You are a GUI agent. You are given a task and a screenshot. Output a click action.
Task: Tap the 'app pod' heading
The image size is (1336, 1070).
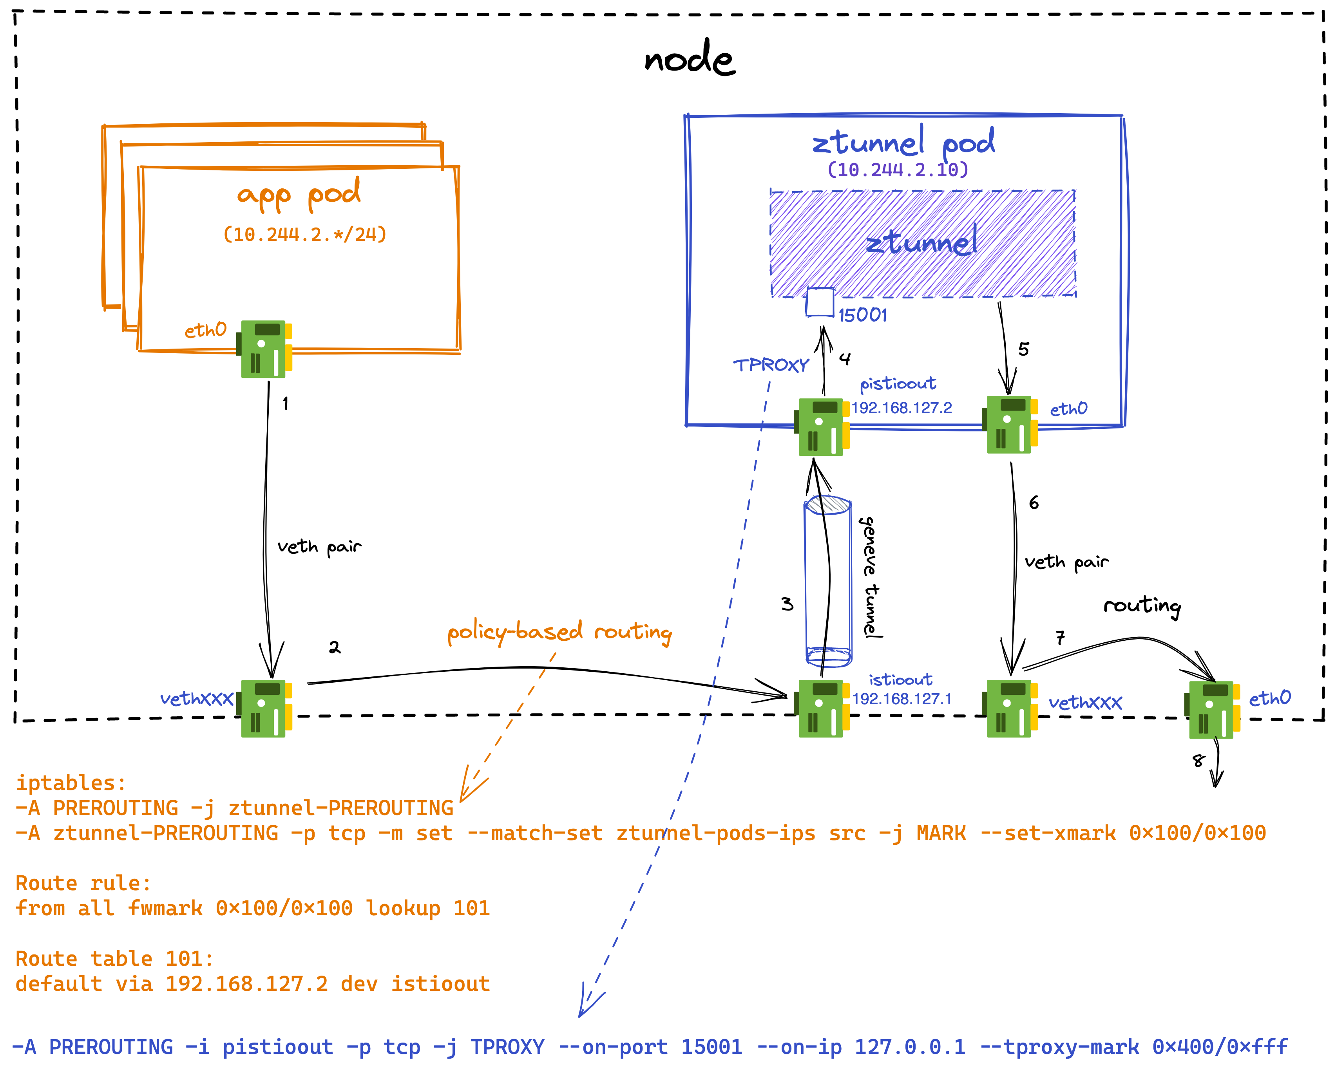tap(299, 193)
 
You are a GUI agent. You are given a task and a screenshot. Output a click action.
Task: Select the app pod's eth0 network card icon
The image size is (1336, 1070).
tap(264, 349)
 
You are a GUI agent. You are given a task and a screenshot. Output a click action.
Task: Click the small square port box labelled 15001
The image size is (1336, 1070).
tap(820, 302)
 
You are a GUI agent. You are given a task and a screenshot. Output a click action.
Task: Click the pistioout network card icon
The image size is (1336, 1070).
tap(822, 427)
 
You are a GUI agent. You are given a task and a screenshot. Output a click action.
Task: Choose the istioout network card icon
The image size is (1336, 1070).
tap(822, 708)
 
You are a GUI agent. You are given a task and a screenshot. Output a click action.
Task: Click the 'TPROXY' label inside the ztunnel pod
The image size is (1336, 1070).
tap(771, 365)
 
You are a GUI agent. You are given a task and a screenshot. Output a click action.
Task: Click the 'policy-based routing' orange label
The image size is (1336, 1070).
tap(559, 632)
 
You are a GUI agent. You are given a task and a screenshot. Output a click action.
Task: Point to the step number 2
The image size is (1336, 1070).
tap(335, 647)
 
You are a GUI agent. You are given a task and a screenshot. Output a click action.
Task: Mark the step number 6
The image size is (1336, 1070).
tap(1034, 502)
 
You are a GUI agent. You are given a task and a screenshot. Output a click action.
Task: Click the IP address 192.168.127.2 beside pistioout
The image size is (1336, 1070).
tap(902, 408)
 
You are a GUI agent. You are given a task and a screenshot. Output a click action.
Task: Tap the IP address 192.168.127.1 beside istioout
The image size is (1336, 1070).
tap(902, 699)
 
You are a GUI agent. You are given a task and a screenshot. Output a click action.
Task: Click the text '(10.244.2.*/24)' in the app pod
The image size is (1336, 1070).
tap(305, 234)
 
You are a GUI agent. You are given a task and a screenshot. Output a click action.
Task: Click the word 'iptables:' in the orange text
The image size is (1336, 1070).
tap(71, 783)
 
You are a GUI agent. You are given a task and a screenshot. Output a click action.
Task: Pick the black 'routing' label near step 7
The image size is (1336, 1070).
tap(1142, 605)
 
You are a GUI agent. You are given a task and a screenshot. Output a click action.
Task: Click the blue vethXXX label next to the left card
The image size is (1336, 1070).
tap(196, 699)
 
